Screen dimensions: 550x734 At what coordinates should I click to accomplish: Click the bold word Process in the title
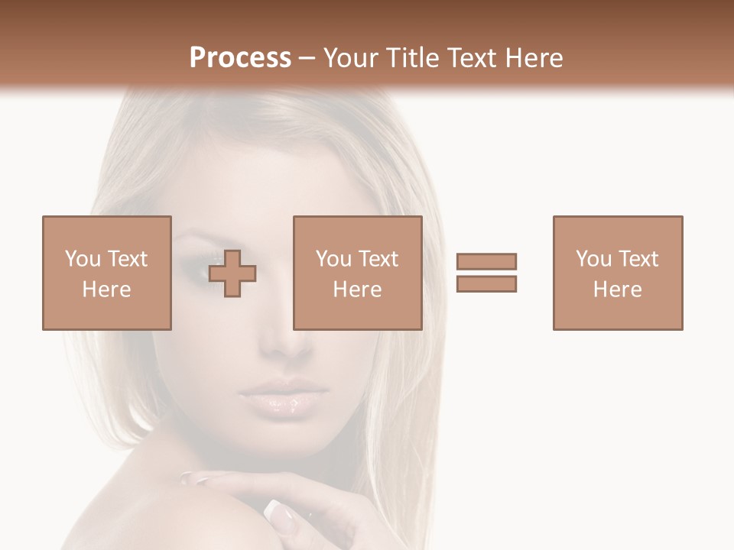tap(240, 58)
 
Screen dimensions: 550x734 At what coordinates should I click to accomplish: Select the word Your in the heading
tap(351, 58)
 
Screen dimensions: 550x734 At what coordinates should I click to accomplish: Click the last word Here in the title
tap(534, 58)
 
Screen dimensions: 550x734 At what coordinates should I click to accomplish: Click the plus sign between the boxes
tap(232, 273)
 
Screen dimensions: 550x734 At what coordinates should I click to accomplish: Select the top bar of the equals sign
tap(486, 261)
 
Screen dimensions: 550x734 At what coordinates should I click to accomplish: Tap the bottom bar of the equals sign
tap(486, 283)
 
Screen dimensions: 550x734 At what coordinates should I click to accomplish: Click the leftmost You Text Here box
tap(106, 273)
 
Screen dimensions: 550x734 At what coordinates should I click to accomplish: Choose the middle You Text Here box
tap(357, 273)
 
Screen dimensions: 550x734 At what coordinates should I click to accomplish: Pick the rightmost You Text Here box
tap(617, 273)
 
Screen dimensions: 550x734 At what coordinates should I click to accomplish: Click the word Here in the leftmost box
tap(106, 289)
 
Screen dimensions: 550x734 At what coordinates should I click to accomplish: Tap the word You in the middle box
tap(333, 259)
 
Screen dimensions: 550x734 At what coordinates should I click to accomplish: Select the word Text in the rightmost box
tap(637, 259)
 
